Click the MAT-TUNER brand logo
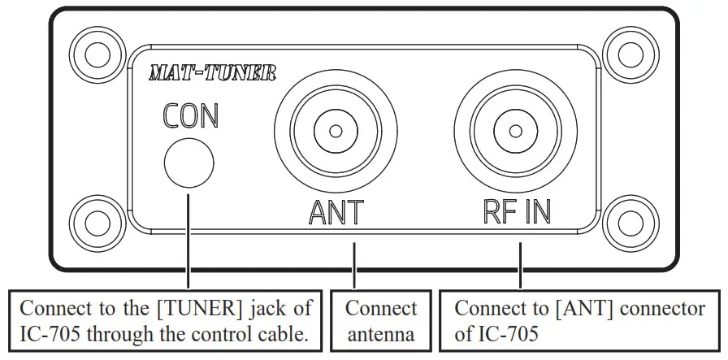tap(212, 74)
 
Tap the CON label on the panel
tap(190, 116)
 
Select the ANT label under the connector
tap(336, 212)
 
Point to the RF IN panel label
tap(513, 212)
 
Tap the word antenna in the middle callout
tap(380, 334)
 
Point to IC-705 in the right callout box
tap(511, 334)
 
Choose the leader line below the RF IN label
tap(521, 260)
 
